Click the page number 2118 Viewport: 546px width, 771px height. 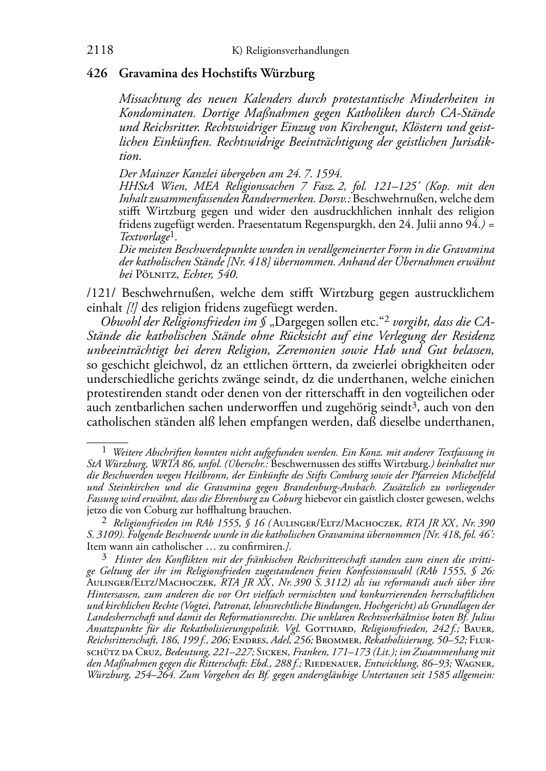[x=100, y=51]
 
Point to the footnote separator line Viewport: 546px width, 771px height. [x=107, y=443]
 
